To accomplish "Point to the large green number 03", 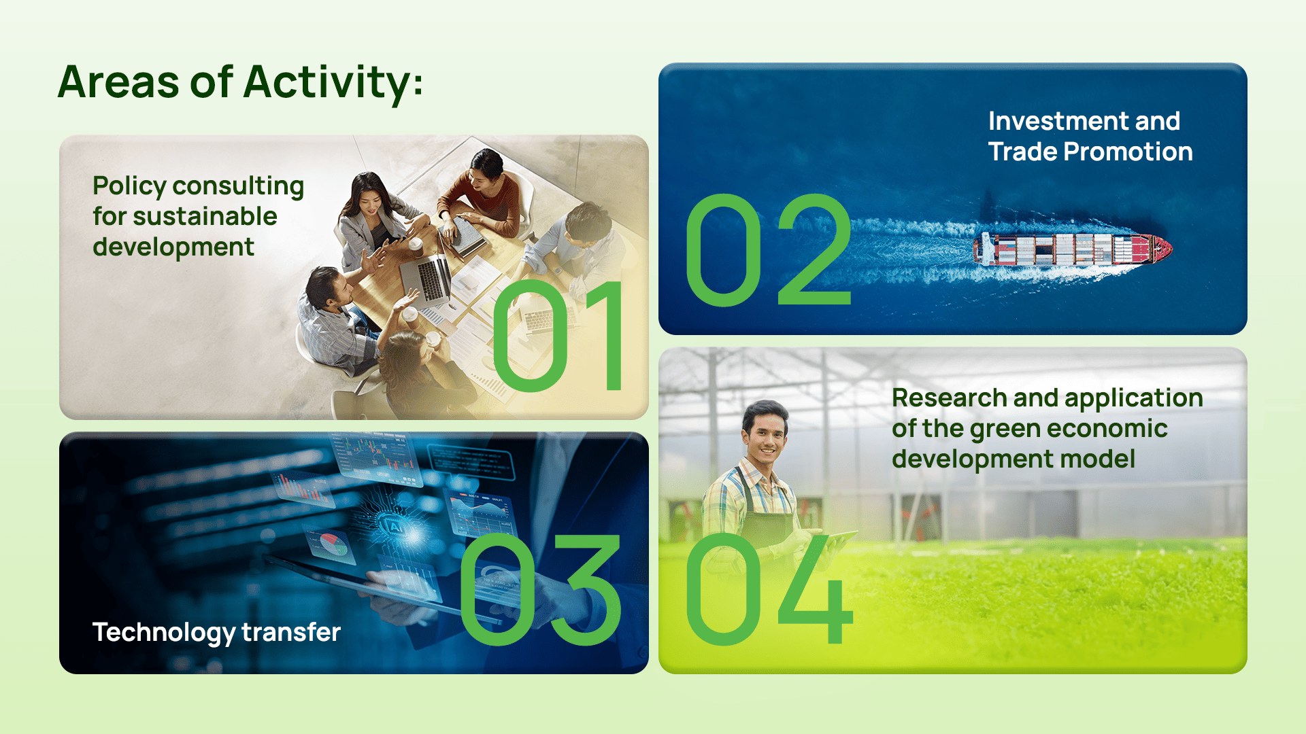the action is (x=541, y=589).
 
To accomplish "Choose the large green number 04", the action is (x=769, y=589).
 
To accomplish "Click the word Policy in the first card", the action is (x=129, y=186).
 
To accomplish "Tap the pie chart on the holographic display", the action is (x=330, y=544).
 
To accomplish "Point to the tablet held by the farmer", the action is (x=835, y=542).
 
